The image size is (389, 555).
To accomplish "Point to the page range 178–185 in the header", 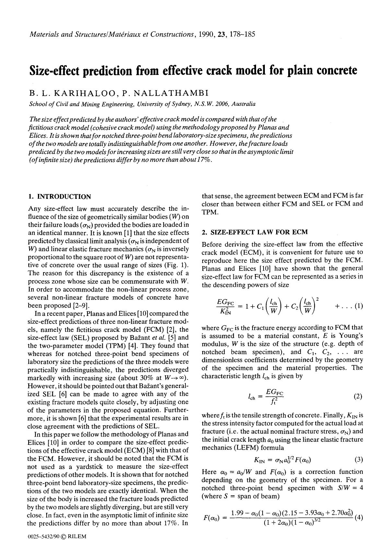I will (242, 34).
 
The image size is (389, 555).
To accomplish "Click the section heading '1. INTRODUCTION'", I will (60, 197).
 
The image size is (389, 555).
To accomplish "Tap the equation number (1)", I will (358, 306).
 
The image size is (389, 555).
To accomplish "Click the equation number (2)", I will (358, 396).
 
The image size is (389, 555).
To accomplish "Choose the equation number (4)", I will (358, 517).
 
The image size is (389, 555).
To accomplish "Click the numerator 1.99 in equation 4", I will (237, 513).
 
